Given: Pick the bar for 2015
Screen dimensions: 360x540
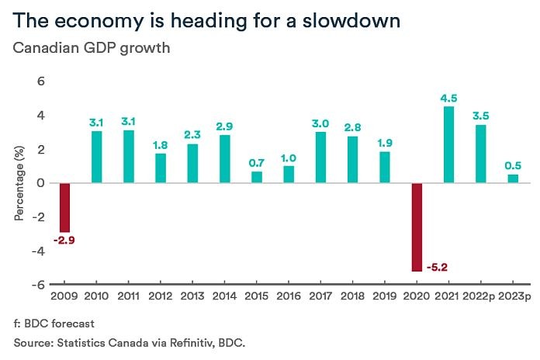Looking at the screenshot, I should (x=256, y=178).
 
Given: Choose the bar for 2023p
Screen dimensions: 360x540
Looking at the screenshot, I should (x=512, y=179).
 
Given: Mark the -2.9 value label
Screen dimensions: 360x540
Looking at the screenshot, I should (x=64, y=241).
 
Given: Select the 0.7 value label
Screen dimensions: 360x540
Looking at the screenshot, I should (x=257, y=163).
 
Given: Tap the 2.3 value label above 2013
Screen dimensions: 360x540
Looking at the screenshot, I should (x=192, y=135).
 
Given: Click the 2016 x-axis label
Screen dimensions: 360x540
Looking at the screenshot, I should (x=288, y=296).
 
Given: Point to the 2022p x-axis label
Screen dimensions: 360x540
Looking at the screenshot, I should (x=480, y=296).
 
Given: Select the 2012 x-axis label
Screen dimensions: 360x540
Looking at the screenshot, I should (x=160, y=296).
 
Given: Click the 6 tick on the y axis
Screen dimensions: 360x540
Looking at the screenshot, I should (x=42, y=81).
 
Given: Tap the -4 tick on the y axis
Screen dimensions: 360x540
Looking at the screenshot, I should (x=40, y=251).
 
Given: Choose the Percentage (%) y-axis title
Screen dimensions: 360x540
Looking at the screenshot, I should (x=19, y=183).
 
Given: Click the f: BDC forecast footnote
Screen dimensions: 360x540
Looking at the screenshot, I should (x=53, y=323).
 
